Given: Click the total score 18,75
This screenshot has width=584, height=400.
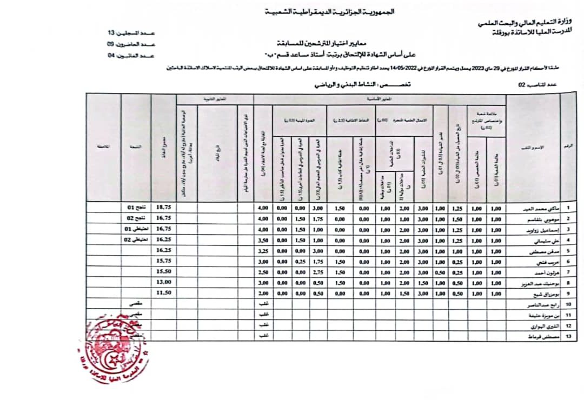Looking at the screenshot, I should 164,207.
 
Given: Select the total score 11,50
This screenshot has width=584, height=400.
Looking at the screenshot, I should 164,292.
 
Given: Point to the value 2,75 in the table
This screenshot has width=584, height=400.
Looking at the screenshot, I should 318,271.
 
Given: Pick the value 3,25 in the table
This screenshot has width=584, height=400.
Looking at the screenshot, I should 263,250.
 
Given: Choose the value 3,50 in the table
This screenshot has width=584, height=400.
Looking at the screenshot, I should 263,239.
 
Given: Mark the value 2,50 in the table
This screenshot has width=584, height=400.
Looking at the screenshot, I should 263,271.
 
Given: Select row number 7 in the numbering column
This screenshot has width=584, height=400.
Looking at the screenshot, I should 568,271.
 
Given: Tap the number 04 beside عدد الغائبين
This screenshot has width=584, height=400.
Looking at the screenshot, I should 111,55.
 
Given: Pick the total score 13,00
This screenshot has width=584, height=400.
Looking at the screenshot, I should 164,282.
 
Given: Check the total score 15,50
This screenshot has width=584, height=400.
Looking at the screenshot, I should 164,271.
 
